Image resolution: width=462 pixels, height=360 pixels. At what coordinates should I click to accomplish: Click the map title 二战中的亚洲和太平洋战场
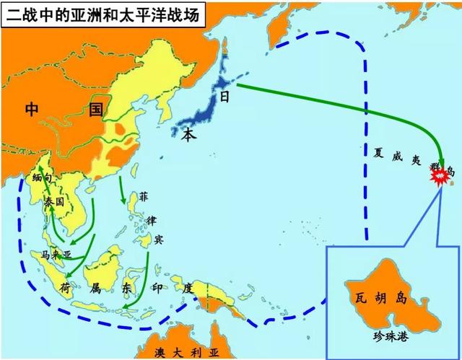102,12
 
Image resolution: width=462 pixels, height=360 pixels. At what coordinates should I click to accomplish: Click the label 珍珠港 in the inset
392,335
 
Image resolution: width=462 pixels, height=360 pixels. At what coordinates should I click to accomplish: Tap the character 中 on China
31,110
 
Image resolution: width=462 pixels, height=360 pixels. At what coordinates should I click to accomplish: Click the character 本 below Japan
188,134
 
